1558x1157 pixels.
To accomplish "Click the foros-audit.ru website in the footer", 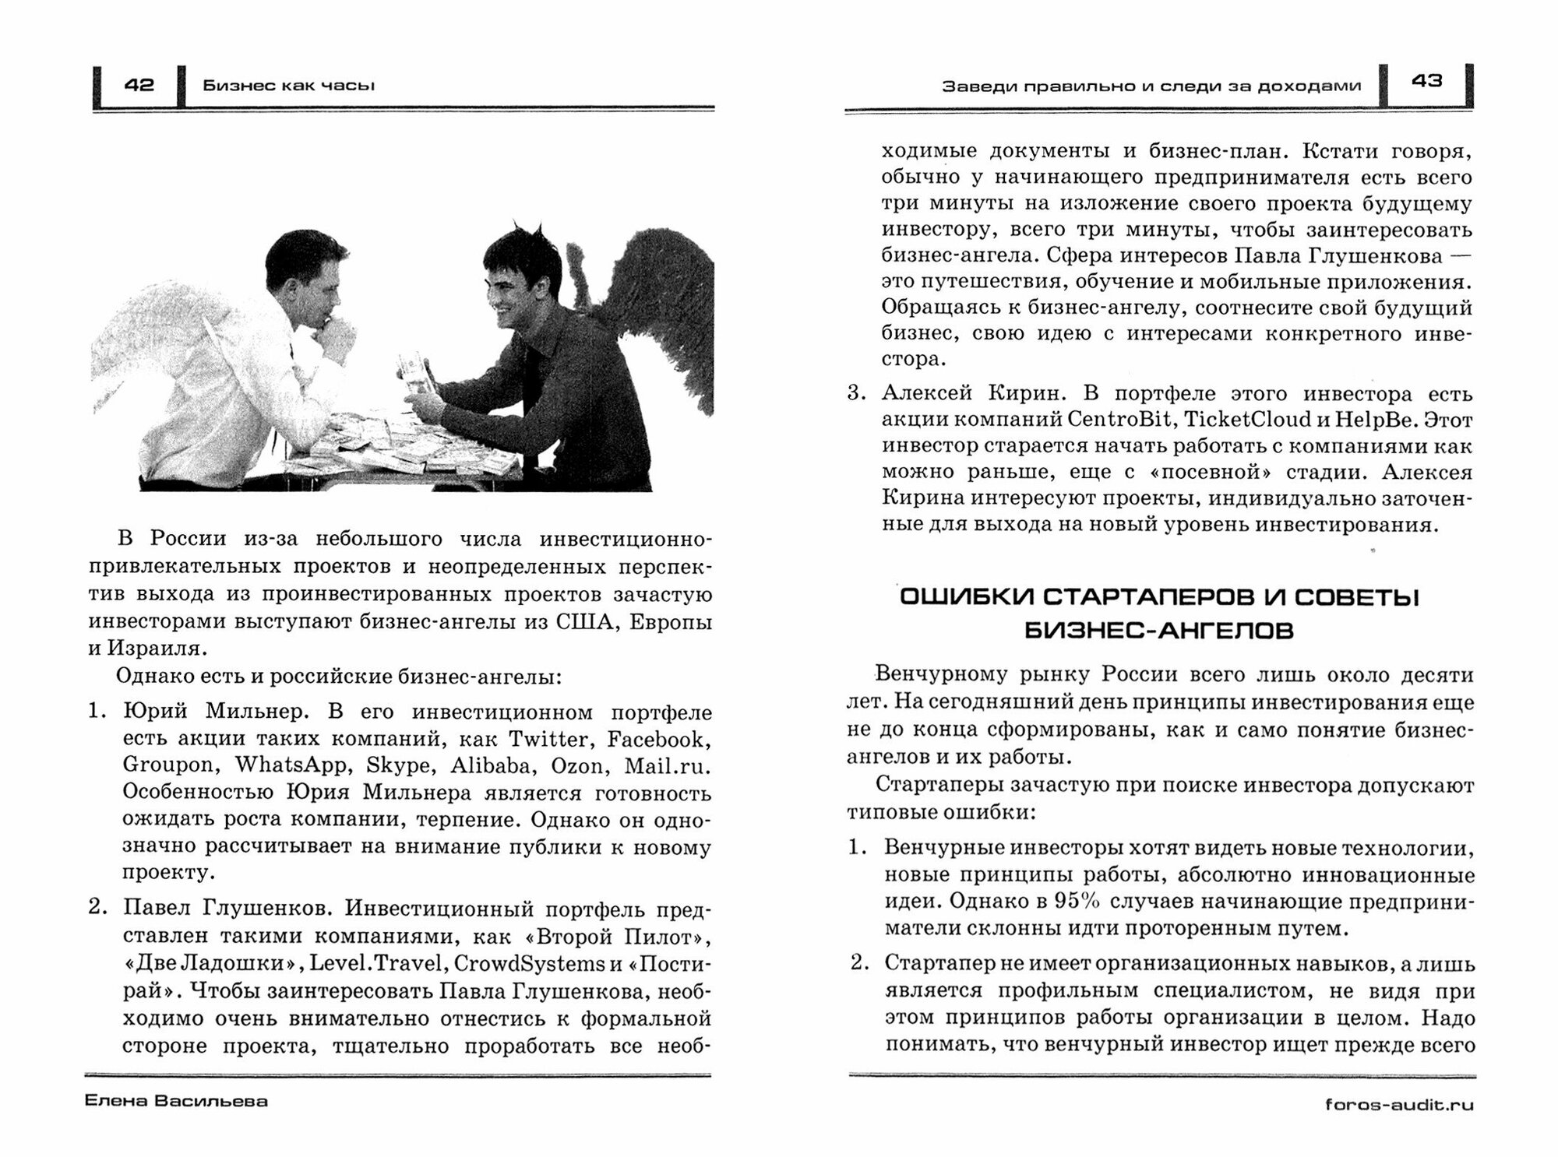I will coord(1399,1105).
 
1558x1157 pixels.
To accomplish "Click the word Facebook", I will coord(659,738).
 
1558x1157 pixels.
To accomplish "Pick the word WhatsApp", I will coord(291,765).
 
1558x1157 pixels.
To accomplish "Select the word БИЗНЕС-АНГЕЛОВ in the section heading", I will coord(1158,631).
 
